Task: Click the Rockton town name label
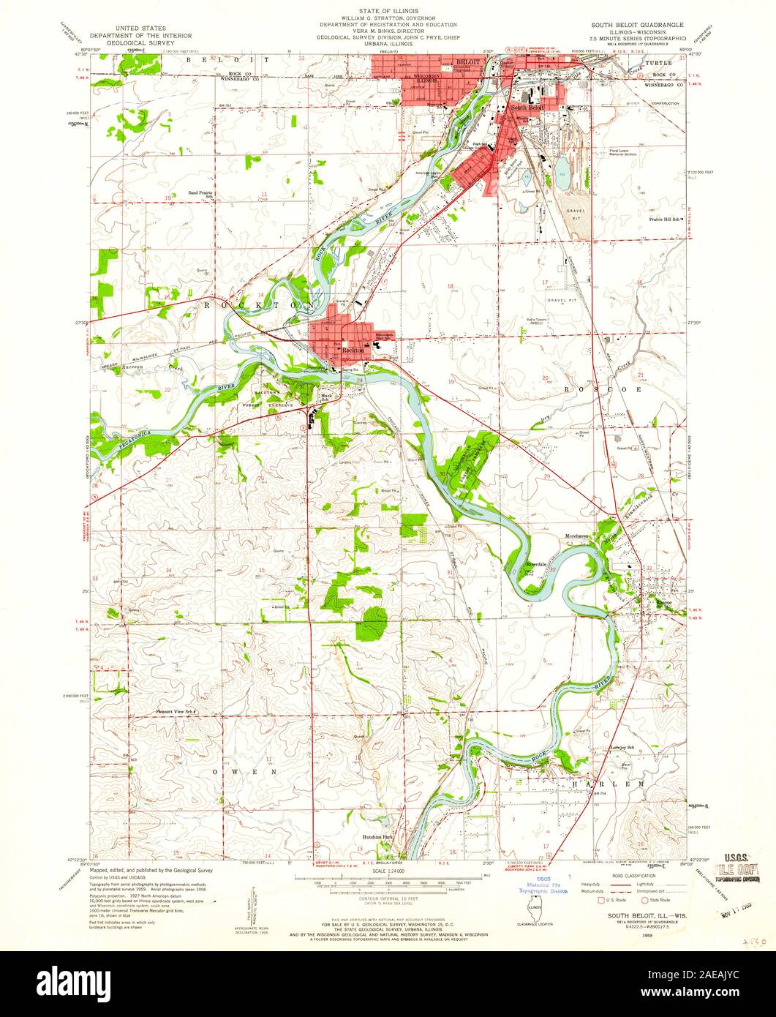(353, 351)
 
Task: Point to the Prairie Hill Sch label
(664, 219)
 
